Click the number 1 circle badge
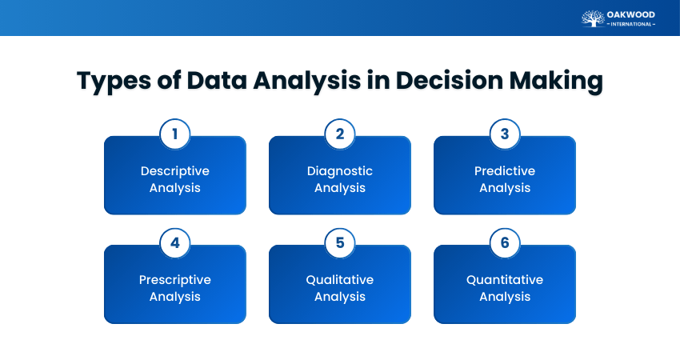tap(174, 134)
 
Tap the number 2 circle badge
tap(339, 134)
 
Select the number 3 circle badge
tap(504, 134)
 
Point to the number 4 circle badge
tap(174, 242)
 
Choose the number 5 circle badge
tap(339, 242)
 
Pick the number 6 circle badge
tap(504, 242)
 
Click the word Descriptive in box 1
tap(174, 171)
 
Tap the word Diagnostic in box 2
tap(339, 171)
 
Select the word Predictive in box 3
tap(504, 171)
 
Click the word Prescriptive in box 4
tap(174, 280)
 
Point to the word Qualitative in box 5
tap(339, 280)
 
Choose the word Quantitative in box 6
tap(504, 280)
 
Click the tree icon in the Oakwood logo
tap(593, 18)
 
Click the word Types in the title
tap(112, 82)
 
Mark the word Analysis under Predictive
tap(504, 188)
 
